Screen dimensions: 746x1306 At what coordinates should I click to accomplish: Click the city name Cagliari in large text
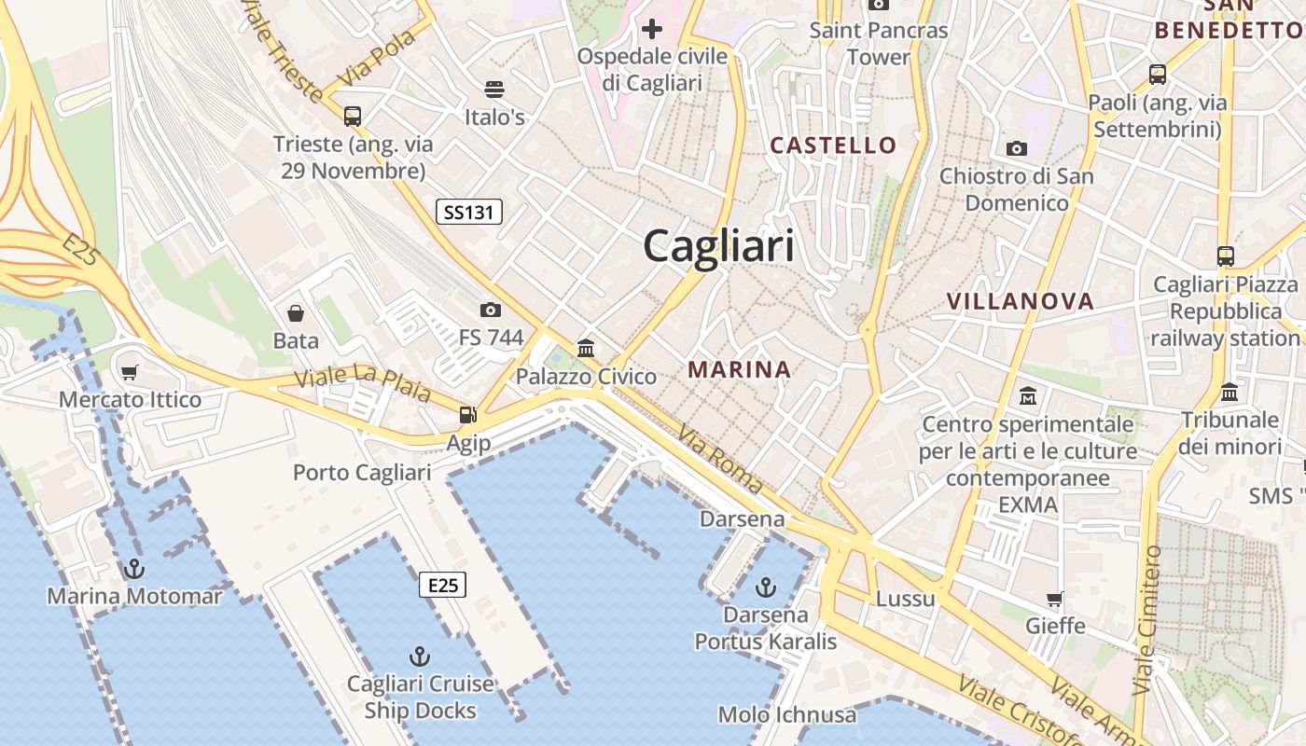coord(719,246)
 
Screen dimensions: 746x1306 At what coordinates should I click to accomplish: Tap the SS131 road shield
coord(469,213)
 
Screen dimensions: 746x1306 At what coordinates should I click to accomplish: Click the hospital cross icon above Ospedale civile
coord(652,28)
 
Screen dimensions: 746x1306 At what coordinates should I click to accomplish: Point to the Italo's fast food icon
coord(494,90)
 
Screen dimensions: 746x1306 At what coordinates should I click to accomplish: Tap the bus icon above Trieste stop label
coord(353,117)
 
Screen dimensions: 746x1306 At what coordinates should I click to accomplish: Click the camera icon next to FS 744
coord(491,310)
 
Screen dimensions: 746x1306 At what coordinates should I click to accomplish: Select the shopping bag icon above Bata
coord(296,313)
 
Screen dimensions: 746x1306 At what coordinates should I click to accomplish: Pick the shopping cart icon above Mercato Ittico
coord(130,373)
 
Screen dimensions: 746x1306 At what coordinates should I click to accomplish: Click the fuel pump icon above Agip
coord(467,415)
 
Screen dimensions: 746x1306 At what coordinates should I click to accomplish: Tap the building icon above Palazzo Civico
coord(586,349)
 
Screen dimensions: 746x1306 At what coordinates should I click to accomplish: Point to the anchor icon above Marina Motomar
coord(135,568)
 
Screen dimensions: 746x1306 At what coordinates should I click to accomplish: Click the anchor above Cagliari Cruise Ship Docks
coord(420,656)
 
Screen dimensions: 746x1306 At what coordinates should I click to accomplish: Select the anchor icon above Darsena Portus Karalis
coord(765,587)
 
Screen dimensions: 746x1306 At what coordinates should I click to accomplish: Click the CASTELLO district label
coord(833,145)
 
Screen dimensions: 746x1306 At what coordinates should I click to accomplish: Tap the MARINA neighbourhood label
coord(740,369)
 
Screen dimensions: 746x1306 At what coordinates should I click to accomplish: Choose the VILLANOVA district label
coord(1021,301)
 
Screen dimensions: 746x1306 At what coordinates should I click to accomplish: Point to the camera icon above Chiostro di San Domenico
coord(1017,148)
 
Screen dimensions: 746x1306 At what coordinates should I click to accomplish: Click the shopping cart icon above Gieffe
coord(1055,599)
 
